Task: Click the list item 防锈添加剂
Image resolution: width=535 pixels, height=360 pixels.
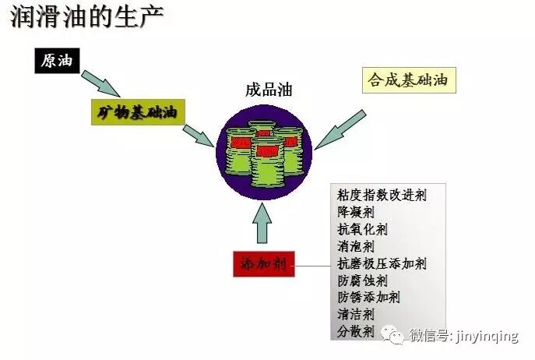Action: click(368, 298)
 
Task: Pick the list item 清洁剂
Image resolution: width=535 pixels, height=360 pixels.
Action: click(356, 315)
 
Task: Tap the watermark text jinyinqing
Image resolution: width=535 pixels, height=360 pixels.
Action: click(487, 337)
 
